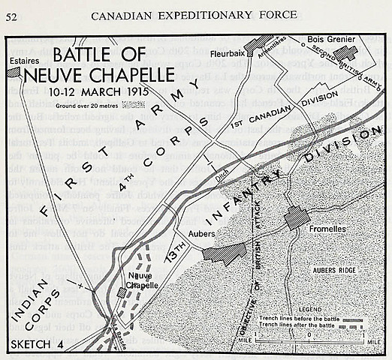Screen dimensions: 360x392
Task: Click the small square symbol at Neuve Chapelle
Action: coord(122,293)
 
